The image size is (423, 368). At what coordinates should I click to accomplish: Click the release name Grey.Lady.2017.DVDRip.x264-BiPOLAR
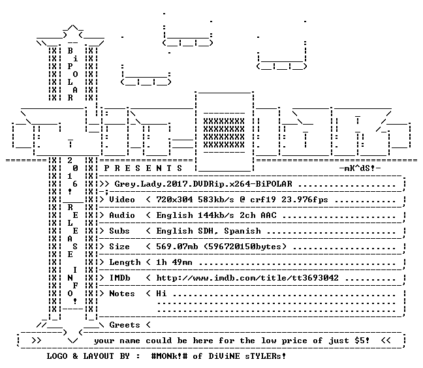click(x=203, y=184)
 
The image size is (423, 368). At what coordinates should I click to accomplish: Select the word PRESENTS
click(x=143, y=168)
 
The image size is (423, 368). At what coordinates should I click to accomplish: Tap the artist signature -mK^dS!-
click(x=360, y=168)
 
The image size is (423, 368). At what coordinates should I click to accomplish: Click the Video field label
click(x=121, y=200)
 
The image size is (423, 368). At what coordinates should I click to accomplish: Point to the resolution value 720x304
click(x=174, y=200)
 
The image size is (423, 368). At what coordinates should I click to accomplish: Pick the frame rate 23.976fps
click(x=305, y=200)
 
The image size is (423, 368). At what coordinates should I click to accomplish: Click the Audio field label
click(x=121, y=215)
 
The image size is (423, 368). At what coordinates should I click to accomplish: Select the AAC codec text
click(x=269, y=215)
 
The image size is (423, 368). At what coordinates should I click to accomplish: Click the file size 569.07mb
click(x=177, y=247)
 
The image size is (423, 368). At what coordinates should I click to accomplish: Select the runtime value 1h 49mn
click(x=174, y=262)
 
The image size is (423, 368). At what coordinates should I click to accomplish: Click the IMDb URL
click(x=247, y=278)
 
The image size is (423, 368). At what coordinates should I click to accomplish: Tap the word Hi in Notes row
click(x=161, y=294)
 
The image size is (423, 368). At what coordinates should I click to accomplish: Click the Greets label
click(x=125, y=325)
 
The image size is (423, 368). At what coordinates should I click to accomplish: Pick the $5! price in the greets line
click(x=362, y=341)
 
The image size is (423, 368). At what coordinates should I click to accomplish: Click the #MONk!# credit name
click(x=169, y=356)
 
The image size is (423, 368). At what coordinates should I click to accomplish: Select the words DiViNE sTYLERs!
click(x=247, y=356)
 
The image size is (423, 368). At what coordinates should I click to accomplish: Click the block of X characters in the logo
click(x=224, y=133)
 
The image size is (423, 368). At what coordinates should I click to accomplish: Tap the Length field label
click(x=125, y=262)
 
